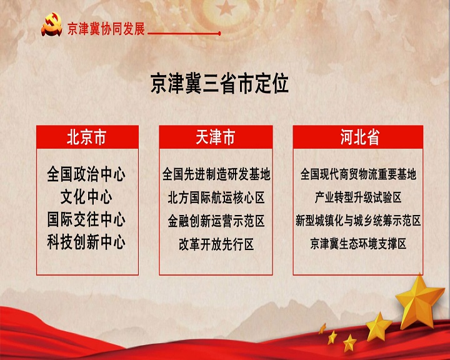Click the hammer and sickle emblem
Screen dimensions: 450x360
pyautogui.click(x=52, y=25)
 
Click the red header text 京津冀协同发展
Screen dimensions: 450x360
pyautogui.click(x=106, y=29)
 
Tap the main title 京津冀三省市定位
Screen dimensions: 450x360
pyautogui.click(x=219, y=84)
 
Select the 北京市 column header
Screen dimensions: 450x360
pyautogui.click(x=87, y=137)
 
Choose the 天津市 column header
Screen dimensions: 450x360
pyautogui.click(x=216, y=137)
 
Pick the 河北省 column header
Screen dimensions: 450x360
pyautogui.click(x=358, y=137)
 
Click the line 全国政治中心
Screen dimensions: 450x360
pyautogui.click(x=86, y=174)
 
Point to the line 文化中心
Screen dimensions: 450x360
pyautogui.click(x=86, y=197)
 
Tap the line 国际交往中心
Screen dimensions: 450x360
pyautogui.click(x=86, y=219)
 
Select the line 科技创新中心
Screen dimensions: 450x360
pyautogui.click(x=86, y=242)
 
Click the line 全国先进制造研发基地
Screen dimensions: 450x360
pyautogui.click(x=216, y=174)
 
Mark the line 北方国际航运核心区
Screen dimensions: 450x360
pyautogui.click(x=216, y=197)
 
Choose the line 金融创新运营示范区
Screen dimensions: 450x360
pyautogui.click(x=216, y=221)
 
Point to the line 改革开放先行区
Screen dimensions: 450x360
pyautogui.click(x=216, y=244)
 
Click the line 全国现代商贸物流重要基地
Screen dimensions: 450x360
pyautogui.click(x=358, y=174)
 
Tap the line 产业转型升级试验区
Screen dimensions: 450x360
pyautogui.click(x=358, y=197)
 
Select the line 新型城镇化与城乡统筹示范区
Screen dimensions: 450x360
pyautogui.click(x=358, y=221)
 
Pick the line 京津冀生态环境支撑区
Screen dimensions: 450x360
pyautogui.click(x=358, y=244)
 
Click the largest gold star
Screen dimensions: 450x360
pyautogui.click(x=419, y=302)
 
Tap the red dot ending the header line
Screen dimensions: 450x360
pyautogui.click(x=219, y=34)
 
